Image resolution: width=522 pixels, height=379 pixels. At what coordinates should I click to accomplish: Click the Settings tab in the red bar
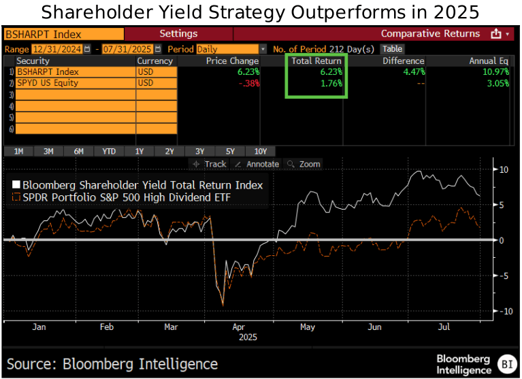coord(178,33)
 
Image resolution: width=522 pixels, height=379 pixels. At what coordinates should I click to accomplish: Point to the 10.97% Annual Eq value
coord(491,71)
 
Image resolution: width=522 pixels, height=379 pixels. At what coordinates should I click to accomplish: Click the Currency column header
coord(155,61)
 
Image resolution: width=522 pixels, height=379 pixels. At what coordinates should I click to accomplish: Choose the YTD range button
coord(109,151)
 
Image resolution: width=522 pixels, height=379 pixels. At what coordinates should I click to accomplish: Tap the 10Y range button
coord(261,151)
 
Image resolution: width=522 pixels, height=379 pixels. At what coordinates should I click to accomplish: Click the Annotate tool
coord(257,164)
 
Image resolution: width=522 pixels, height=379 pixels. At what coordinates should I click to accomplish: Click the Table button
coord(392,49)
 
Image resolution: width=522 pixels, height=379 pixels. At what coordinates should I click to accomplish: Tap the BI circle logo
coord(506,363)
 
